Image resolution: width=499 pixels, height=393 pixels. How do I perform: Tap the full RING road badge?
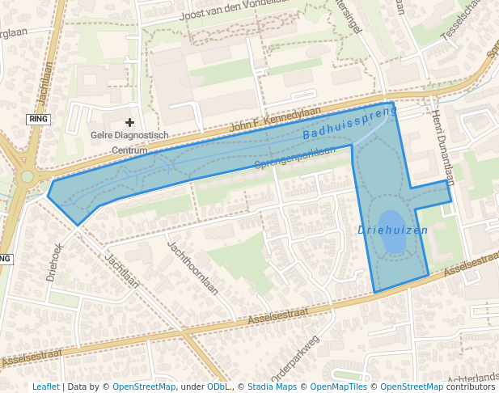38,119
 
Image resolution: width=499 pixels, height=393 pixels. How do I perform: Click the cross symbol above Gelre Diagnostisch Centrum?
129,122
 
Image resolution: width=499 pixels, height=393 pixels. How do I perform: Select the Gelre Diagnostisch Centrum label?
129,142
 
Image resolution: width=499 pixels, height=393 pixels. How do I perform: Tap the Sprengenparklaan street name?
294,157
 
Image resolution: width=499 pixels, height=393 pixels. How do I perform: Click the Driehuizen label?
392,230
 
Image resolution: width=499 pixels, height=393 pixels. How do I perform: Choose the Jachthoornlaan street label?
192,266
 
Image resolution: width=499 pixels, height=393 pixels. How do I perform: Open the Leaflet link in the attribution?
45,387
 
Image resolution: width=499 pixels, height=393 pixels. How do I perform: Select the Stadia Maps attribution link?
272,387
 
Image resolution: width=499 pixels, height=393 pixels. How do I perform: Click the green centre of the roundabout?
27,176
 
